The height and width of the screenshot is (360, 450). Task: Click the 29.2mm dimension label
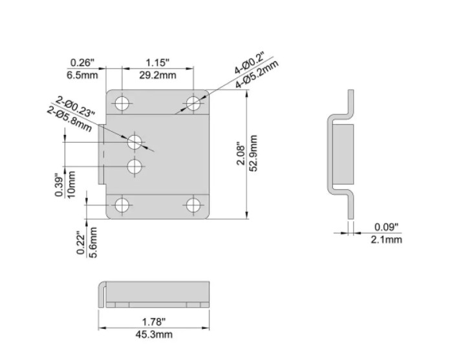pos(158,75)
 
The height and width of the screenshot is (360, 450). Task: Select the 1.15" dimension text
pos(158,62)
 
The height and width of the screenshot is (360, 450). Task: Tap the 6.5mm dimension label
pos(82,75)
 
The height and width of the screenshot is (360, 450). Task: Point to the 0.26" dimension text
pos(82,62)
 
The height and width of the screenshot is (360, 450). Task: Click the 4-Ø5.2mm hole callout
pos(257,74)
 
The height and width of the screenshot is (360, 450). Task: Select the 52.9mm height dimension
pos(253,153)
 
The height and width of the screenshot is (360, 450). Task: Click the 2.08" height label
pos(241,153)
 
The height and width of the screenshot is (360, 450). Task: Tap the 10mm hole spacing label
pos(71,184)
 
